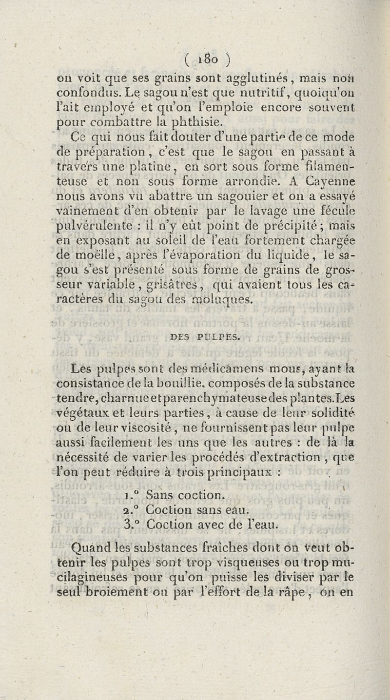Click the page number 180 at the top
[x=209, y=50]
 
